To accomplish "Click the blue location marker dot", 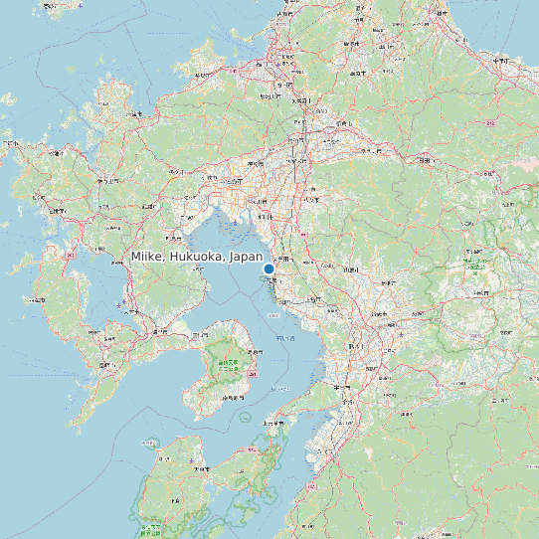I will (x=269, y=269).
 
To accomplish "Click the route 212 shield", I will (x=490, y=123).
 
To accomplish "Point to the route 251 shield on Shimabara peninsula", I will (x=253, y=374).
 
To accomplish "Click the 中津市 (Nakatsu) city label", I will (x=500, y=62).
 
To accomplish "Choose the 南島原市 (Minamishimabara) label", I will (x=234, y=398).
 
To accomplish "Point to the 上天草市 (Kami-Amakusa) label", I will (x=269, y=423).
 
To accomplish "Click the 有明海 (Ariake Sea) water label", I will (x=284, y=339).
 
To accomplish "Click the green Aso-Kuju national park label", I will (x=478, y=267).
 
